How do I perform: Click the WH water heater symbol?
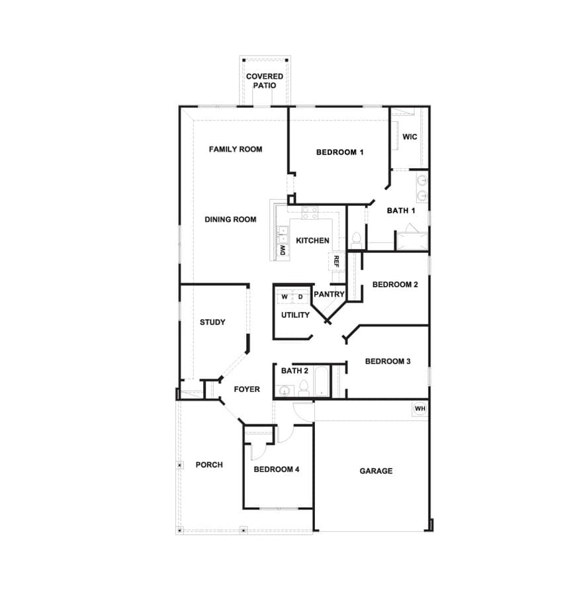point(420,409)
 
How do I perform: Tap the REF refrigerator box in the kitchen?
point(336,261)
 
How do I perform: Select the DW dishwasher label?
point(283,250)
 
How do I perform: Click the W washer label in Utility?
point(285,297)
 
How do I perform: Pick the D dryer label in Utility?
point(300,297)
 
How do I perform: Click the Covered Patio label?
point(265,81)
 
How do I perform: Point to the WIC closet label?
point(410,136)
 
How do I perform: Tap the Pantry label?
point(329,294)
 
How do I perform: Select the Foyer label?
point(247,389)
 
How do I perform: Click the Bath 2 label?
point(294,371)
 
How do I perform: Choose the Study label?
point(212,322)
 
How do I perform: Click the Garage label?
point(376,471)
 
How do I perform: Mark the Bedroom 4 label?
point(277,469)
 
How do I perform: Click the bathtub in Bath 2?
point(322,381)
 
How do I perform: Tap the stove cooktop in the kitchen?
point(310,213)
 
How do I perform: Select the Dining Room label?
point(230,219)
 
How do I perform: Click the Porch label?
point(209,465)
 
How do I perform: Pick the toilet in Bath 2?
point(304,388)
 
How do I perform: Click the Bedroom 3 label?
point(388,362)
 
